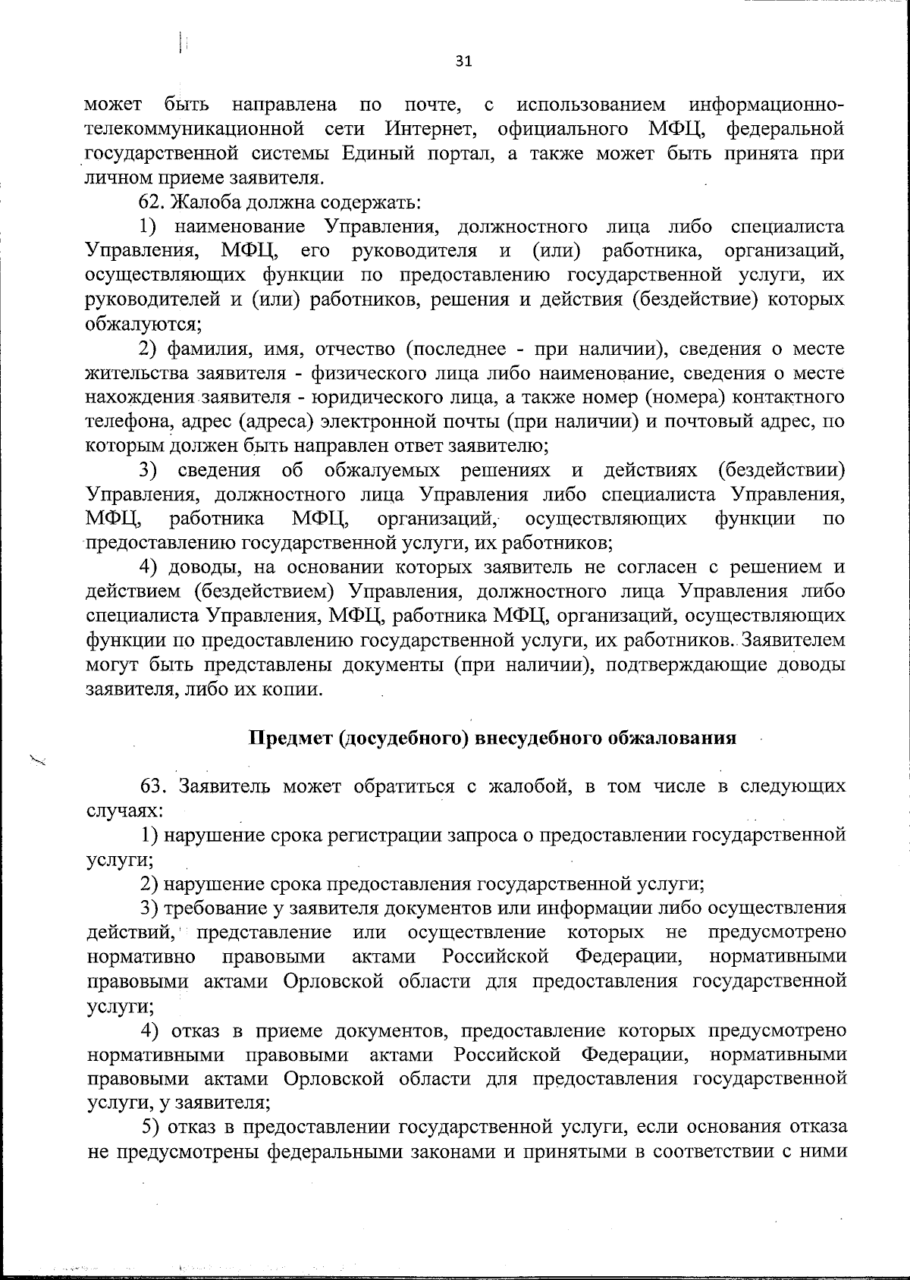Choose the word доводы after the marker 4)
[203, 567]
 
